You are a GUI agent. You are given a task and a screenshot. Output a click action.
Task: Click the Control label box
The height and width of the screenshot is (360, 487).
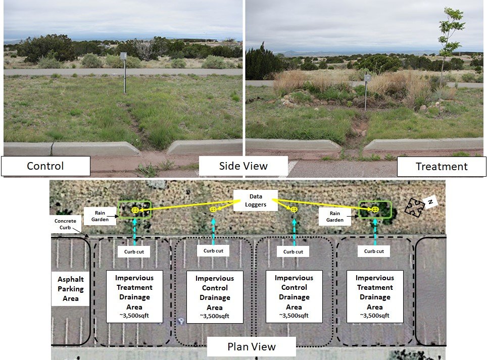(x=45, y=166)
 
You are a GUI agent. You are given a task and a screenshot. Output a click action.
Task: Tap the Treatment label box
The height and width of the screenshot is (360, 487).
(x=442, y=166)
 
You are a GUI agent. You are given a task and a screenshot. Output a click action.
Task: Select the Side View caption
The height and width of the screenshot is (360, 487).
(x=243, y=166)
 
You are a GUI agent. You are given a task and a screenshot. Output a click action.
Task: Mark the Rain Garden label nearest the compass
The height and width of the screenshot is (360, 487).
(x=334, y=217)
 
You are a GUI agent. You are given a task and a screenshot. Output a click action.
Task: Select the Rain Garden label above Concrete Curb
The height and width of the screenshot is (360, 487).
(x=100, y=216)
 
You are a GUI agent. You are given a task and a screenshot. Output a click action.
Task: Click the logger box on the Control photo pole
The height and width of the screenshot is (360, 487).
(x=123, y=56)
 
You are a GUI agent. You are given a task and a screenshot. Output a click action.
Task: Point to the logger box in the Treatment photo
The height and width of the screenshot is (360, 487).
(x=367, y=79)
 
